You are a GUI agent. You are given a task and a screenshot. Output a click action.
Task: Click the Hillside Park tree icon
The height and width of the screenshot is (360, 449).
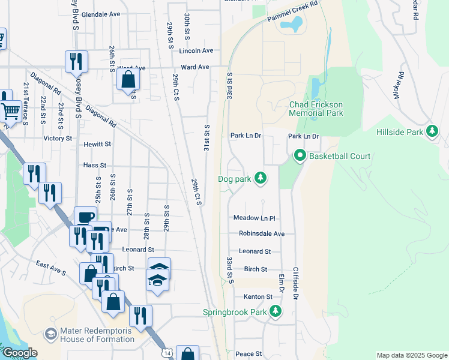(432, 131)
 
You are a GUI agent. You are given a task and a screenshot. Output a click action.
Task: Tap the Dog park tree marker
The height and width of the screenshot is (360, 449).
(260, 178)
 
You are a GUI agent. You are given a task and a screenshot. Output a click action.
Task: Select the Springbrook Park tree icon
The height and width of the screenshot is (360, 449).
(276, 311)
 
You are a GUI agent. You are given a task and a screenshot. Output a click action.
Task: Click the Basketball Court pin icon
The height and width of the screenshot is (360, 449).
(300, 156)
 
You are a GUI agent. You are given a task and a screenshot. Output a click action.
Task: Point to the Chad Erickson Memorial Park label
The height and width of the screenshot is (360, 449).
(316, 108)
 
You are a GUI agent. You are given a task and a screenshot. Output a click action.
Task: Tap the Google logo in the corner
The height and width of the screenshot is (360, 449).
(19, 353)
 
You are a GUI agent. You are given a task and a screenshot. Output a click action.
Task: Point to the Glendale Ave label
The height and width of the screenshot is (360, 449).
(101, 14)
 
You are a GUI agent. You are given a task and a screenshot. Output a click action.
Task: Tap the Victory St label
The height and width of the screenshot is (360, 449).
(58, 138)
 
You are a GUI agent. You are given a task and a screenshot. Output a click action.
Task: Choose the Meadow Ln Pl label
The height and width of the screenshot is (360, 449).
(254, 218)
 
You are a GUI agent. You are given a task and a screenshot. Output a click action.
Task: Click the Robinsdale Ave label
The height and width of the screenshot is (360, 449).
(261, 233)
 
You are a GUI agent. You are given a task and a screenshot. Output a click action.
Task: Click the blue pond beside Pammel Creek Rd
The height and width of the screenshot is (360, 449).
(294, 24)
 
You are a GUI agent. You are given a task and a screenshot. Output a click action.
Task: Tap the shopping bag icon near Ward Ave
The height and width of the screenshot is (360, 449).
(128, 79)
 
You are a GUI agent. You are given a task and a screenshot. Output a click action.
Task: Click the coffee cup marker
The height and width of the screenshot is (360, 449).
(85, 217)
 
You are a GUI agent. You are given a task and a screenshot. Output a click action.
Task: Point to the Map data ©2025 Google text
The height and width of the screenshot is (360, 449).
(412, 355)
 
